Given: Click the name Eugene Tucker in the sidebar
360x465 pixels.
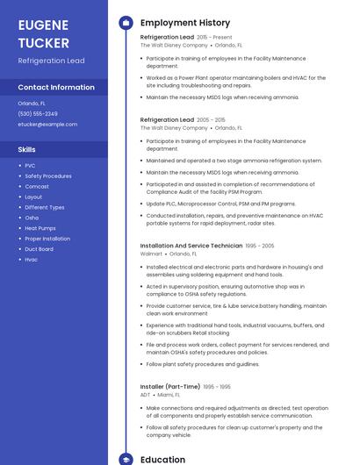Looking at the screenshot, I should point(44,32).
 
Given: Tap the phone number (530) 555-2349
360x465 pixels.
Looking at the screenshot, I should point(38,113).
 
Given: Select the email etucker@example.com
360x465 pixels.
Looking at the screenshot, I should point(47,125).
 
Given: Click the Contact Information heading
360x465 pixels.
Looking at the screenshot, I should point(56,87).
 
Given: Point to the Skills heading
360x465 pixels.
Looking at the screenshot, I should point(26,150).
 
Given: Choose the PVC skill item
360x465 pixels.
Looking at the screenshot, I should point(30,166).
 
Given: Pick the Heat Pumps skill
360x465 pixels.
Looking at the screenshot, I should point(40,228).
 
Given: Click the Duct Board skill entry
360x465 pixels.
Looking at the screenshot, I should point(39,249).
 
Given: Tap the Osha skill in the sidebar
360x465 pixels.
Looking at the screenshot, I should point(32,218).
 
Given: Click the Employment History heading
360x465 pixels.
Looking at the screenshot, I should point(185,23).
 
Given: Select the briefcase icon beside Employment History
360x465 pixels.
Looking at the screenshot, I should point(126,23).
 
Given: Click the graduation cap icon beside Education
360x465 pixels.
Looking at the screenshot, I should point(126,459).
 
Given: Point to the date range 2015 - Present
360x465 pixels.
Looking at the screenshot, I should point(214,38).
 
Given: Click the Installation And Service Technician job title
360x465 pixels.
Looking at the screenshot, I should point(191,246).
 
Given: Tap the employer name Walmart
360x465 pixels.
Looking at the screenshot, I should point(151,254).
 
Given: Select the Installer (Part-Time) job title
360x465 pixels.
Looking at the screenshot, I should point(170,386).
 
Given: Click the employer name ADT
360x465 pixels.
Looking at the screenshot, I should point(146,395).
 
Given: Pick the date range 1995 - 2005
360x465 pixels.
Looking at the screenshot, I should point(260,246).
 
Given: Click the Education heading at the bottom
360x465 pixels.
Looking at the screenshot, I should point(162,459).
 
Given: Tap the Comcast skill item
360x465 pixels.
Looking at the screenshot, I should point(37,187).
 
